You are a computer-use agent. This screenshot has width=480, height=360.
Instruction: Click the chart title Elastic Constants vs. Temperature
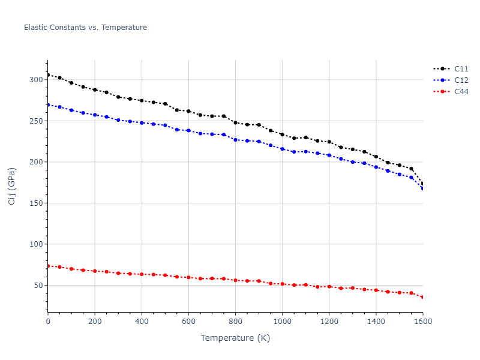click(85, 28)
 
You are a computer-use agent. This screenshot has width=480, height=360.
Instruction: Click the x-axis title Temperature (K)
click(235, 338)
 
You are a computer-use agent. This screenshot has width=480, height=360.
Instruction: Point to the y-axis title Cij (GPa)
click(12, 186)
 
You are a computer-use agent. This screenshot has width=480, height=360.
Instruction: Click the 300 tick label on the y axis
click(35, 80)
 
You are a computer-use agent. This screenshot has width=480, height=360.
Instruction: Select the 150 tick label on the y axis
click(35, 203)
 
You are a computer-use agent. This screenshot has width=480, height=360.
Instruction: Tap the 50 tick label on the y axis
click(38, 286)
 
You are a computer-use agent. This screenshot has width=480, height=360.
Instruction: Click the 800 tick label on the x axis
click(235, 322)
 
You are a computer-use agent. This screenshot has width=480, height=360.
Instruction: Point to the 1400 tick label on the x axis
click(376, 322)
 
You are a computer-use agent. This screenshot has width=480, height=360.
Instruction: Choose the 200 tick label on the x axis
click(95, 322)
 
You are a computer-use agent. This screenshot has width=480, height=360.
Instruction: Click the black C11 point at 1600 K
click(422, 184)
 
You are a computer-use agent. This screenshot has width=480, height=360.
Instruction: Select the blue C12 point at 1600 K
click(422, 189)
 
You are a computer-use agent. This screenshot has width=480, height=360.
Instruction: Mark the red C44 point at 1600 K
click(422, 297)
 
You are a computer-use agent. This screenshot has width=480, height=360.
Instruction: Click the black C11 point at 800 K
click(235, 122)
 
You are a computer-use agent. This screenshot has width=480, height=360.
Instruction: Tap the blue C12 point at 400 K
click(142, 122)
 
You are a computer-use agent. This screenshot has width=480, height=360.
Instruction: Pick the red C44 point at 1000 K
click(282, 284)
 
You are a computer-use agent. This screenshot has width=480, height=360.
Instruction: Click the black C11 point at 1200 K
click(329, 142)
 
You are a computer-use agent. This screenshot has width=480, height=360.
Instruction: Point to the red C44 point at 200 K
click(95, 271)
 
